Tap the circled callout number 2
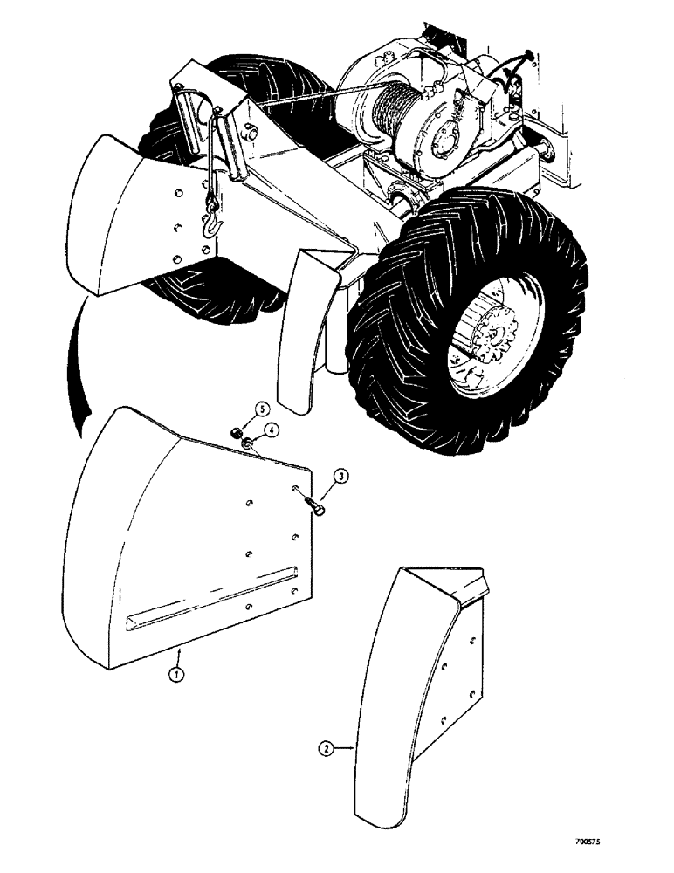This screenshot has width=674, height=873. click(325, 748)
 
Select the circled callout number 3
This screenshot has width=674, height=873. click(342, 477)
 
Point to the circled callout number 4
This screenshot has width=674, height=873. click(272, 430)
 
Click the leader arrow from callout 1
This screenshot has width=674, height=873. click(180, 655)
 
